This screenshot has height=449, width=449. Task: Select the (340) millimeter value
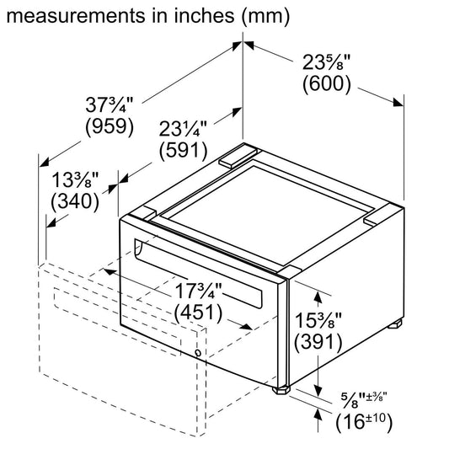pos(75,201)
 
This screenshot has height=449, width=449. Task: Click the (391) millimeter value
pos(318,343)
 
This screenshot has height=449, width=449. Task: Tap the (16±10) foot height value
pos(364,421)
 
